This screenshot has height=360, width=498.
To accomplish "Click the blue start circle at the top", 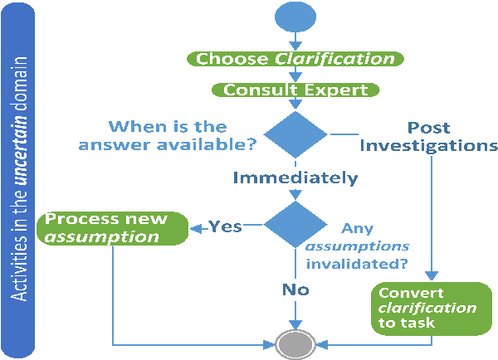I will tap(295, 19).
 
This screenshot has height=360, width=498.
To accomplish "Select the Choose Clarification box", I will tap(295, 59).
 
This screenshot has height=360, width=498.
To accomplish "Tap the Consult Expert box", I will tap(295, 90).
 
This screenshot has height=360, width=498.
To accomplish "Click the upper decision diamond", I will tap(295, 136).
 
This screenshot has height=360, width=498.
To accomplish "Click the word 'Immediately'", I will tap(295, 178).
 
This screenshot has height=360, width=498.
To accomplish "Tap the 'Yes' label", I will tap(224, 226).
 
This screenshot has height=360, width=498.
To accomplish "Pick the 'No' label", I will tap(295, 289).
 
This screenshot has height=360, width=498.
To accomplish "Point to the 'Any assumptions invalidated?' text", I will tap(357, 246).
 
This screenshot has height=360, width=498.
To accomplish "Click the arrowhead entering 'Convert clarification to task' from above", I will tap(431, 277).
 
